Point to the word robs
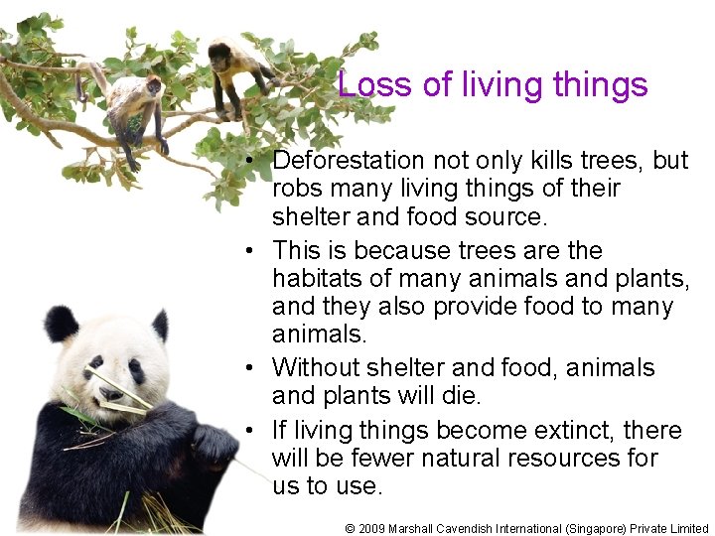[296, 189]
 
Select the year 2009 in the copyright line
[373, 528]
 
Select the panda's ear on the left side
[62, 323]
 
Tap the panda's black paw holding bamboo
[214, 444]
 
